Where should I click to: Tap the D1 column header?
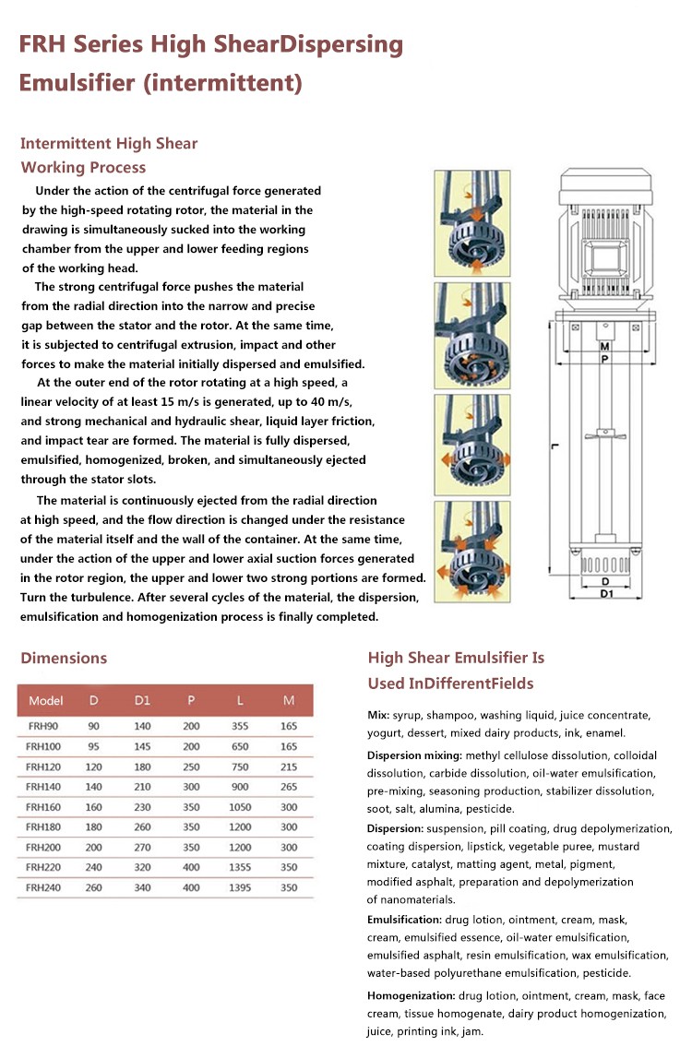142,700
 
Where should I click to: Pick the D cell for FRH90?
93,726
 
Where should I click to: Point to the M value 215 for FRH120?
289,766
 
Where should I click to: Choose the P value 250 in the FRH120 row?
191,766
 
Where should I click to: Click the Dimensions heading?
64,658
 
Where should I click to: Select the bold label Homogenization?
412,995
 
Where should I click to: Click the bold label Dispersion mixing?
415,755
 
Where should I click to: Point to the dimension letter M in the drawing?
604,347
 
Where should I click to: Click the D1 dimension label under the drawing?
604,593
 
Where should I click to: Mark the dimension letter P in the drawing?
604,361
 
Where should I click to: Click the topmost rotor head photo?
471,222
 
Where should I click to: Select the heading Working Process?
83,167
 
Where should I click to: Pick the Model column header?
46,700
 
